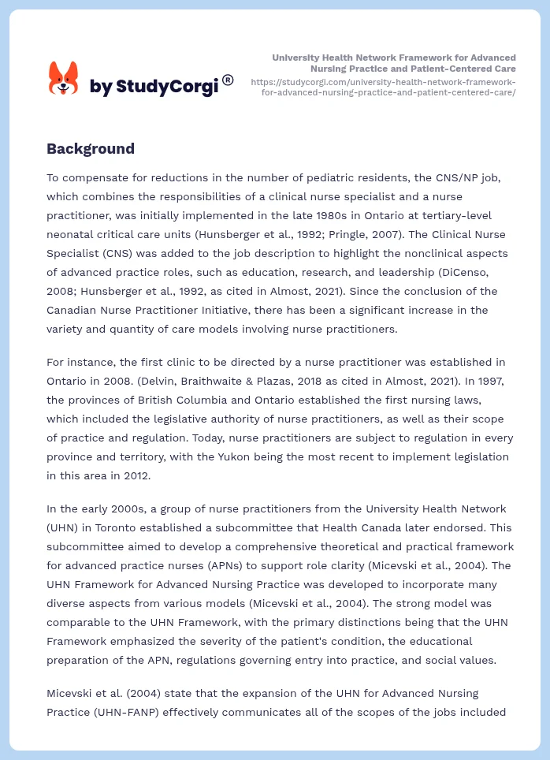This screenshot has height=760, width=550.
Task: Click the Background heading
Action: coord(91,149)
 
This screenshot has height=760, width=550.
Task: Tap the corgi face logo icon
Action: coord(64,79)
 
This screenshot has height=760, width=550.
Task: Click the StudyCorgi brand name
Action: coord(154,86)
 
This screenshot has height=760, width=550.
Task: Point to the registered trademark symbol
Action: coord(228,80)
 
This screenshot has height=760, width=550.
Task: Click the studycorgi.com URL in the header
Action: coord(383,87)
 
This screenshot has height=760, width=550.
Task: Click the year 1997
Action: coord(482,381)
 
